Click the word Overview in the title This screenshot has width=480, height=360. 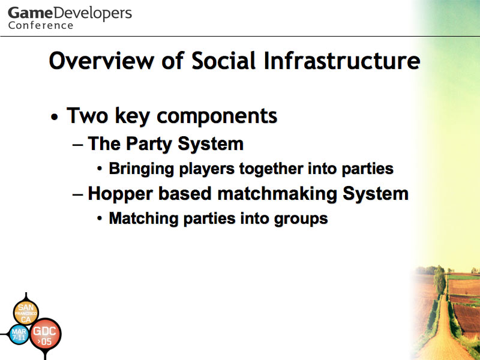[101, 61]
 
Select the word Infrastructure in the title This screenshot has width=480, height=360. [341, 61]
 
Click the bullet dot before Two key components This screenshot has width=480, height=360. [55, 117]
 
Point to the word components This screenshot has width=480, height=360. [217, 116]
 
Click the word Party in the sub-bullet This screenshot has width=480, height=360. [148, 144]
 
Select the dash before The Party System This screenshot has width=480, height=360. [78, 145]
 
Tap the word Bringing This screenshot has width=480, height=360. [142, 169]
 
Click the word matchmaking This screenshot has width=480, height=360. [277, 194]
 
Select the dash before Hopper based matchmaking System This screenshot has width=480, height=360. [78, 194]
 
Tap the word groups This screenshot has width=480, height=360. [301, 219]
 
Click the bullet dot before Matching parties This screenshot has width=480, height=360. [100, 218]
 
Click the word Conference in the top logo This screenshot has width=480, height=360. [41, 25]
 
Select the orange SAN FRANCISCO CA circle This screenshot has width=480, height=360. [26, 313]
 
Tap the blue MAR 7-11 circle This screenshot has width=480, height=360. [19, 334]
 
